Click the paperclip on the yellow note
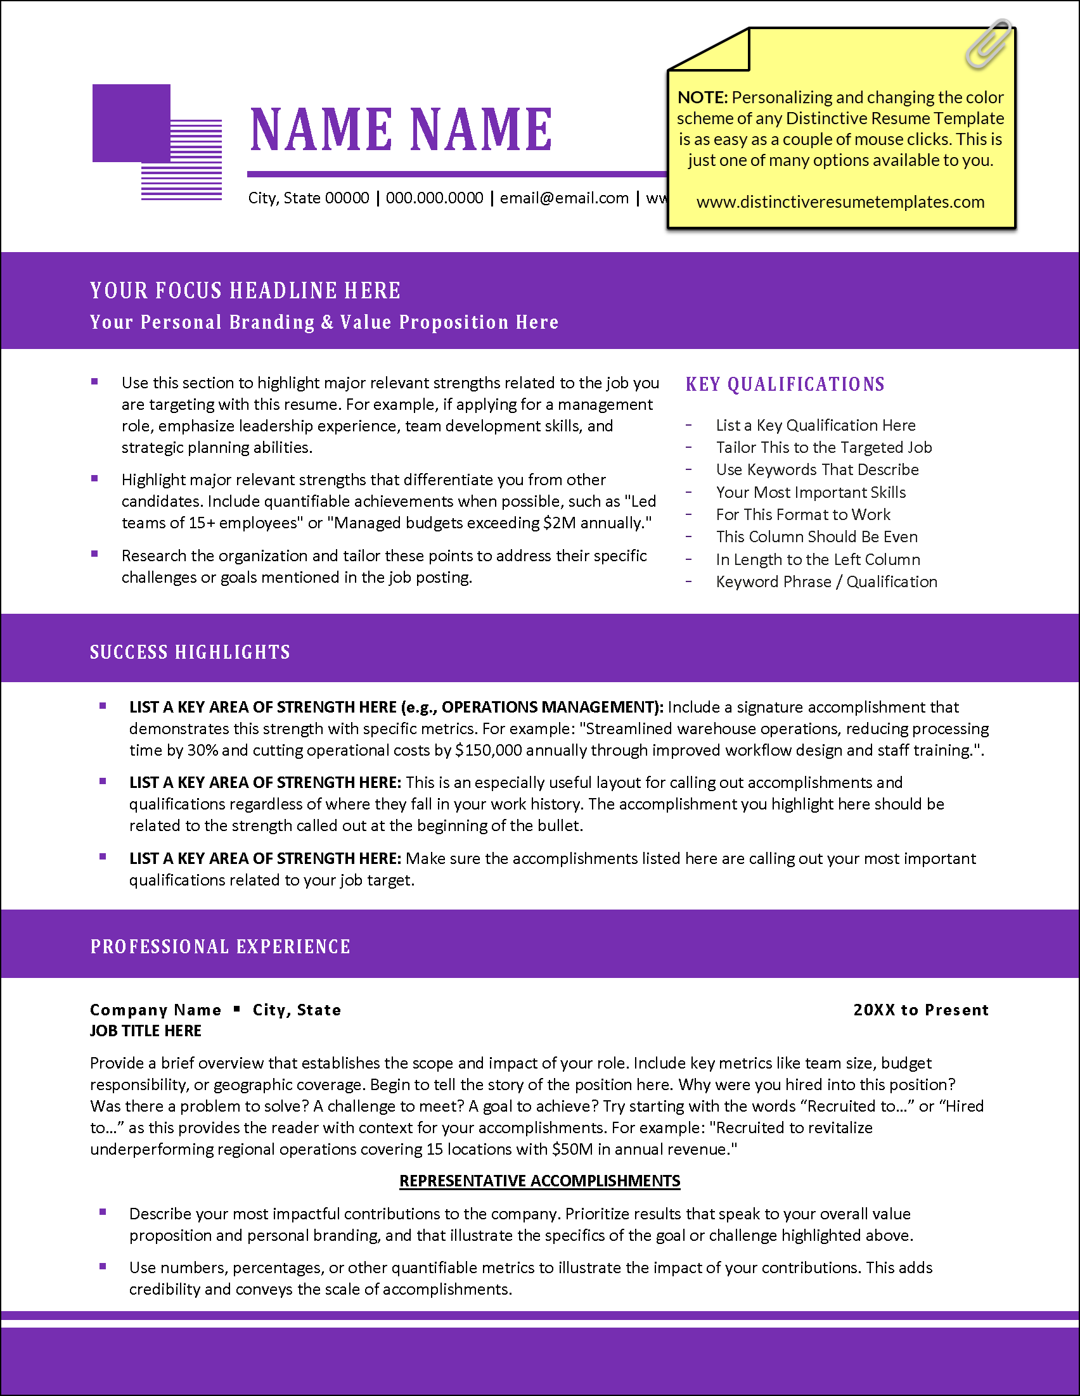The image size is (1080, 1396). [x=989, y=44]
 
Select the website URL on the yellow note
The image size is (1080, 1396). [x=840, y=202]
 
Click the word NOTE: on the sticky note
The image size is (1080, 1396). [x=702, y=98]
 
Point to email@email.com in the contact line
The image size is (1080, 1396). [x=564, y=198]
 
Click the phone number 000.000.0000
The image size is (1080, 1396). [x=434, y=198]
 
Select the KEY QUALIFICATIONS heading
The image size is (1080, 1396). [x=785, y=384]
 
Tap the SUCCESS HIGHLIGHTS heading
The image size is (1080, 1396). [x=190, y=652]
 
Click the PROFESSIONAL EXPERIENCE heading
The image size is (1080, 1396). [x=220, y=947]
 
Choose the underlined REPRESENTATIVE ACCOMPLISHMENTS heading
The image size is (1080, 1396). [x=539, y=1181]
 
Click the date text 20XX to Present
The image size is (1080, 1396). [x=921, y=1010]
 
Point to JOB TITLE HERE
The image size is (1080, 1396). [x=146, y=1031]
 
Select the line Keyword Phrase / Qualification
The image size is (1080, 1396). [x=826, y=581]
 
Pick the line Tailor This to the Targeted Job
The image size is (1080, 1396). [x=823, y=447]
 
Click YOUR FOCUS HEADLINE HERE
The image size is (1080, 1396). [x=245, y=291]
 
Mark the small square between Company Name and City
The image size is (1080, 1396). [x=236, y=1009]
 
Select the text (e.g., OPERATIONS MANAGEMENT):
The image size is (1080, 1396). [x=532, y=707]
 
